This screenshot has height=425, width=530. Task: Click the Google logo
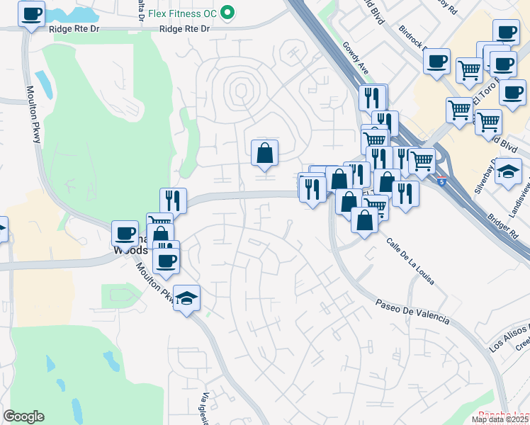point(23,416)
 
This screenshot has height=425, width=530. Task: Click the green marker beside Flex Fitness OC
point(227,12)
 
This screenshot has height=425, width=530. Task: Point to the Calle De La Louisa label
point(410,261)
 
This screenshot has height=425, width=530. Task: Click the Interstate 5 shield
point(442,182)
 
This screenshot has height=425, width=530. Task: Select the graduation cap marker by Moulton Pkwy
point(186,298)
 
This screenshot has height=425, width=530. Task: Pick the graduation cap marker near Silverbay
point(508,172)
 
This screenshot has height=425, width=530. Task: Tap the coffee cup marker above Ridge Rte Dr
point(30,13)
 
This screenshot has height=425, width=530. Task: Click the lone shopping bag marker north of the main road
point(264,152)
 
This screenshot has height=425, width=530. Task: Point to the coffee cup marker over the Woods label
point(125,233)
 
